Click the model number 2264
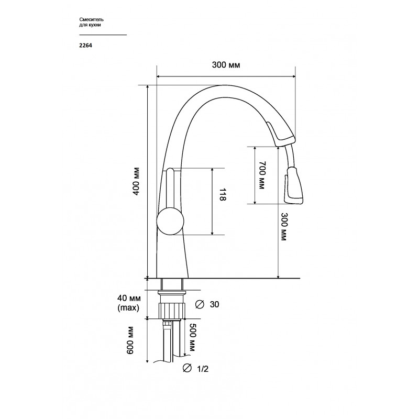pyautogui.click(x=85, y=46)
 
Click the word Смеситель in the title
pyautogui.click(x=91, y=19)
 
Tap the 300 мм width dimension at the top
pyautogui.click(x=226, y=65)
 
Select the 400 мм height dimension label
pyautogui.click(x=136, y=181)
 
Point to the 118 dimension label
pyautogui.click(x=223, y=194)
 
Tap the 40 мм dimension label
pyautogui.click(x=129, y=297)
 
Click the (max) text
pyautogui.click(x=128, y=308)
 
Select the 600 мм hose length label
pyautogui.click(x=130, y=340)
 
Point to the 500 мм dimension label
pyautogui.click(x=192, y=337)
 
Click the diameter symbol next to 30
pyautogui.click(x=200, y=304)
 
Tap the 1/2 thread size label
pyautogui.click(x=202, y=369)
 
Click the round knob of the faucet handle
pyautogui.click(x=170, y=222)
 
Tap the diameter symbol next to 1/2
pyautogui.click(x=187, y=368)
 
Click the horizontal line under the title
pyautogui.click(x=103, y=35)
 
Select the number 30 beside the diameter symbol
pyautogui.click(x=214, y=304)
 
